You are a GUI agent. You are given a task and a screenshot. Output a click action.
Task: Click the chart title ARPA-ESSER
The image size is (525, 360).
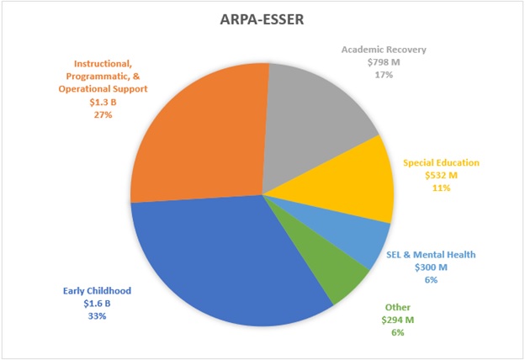(x=262, y=19)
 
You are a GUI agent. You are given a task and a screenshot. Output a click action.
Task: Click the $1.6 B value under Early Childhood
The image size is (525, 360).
(x=97, y=304)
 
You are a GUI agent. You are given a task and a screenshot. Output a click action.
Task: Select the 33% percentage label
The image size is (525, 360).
(x=97, y=316)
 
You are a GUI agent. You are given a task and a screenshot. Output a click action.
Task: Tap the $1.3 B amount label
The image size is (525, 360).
(x=120, y=101)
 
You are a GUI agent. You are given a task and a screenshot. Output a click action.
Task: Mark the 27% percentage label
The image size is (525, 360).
(x=120, y=114)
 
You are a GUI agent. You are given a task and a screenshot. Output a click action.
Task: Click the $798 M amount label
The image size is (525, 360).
(x=384, y=61)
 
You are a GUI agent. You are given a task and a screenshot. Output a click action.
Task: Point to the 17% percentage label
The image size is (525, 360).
(x=384, y=74)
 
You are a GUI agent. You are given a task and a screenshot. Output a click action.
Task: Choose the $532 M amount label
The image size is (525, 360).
(x=442, y=175)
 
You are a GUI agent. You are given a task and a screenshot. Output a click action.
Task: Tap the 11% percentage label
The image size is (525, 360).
(x=442, y=188)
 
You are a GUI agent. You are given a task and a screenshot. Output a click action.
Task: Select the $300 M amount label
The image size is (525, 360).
(x=431, y=267)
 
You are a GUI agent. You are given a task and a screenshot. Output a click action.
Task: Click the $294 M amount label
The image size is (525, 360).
(x=397, y=320)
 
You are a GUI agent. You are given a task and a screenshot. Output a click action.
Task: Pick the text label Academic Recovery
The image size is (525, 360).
(x=384, y=49)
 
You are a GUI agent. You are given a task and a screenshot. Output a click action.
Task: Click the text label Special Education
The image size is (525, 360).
(x=442, y=162)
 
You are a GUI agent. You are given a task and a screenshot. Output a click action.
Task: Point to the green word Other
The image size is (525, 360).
(x=397, y=307)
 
